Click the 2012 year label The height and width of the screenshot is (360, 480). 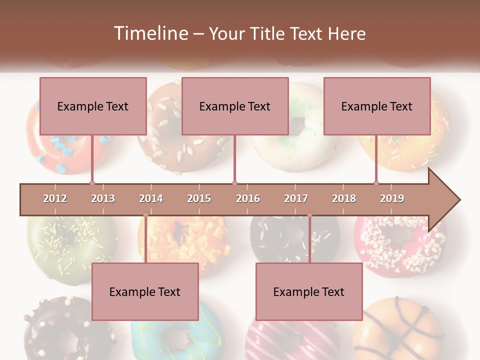[x=55, y=198]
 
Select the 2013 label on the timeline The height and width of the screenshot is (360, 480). [x=103, y=198]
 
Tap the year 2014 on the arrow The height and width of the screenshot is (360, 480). [x=151, y=198]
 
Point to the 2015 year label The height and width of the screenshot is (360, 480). [x=199, y=198]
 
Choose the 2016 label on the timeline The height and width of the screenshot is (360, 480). [x=248, y=198]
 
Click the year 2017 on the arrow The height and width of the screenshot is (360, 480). [x=296, y=198]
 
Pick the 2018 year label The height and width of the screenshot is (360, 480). [x=344, y=198]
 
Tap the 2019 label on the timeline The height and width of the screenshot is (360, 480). [x=392, y=198]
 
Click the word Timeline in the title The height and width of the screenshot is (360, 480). [x=150, y=33]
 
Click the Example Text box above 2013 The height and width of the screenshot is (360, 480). [x=93, y=106]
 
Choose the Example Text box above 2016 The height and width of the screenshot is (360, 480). [x=235, y=106]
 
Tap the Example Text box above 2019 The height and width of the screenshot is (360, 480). [x=377, y=106]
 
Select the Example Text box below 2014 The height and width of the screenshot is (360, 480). [x=145, y=291]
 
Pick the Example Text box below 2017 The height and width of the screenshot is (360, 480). [x=309, y=291]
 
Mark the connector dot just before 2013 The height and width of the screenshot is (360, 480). [x=92, y=183]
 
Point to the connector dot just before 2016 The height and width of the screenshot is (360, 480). [x=234, y=183]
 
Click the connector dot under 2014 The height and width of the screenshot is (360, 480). [x=145, y=215]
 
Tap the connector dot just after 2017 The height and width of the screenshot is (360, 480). [x=309, y=215]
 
